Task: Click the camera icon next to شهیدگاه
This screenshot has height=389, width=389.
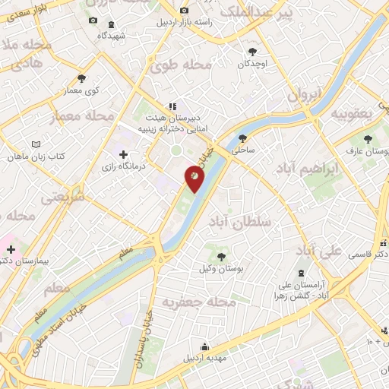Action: [93, 21]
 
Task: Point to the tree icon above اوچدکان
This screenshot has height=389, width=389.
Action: [251, 52]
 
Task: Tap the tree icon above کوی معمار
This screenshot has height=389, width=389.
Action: [81, 77]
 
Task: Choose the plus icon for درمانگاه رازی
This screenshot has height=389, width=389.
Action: [124, 154]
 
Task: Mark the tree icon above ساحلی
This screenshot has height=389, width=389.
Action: [242, 138]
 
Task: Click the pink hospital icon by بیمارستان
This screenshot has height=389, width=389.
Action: [11, 248]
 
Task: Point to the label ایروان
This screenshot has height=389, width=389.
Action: [305, 95]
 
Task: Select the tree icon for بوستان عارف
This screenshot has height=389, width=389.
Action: [368, 139]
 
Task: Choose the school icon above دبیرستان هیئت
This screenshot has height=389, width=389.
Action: [172, 106]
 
